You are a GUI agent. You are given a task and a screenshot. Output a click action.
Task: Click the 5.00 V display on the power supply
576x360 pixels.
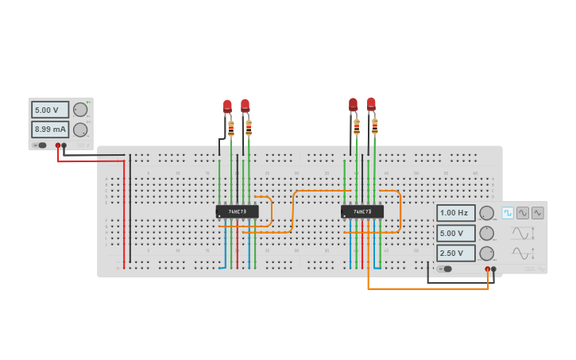(x=49, y=110)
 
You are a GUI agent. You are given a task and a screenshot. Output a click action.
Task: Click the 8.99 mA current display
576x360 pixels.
(x=49, y=130)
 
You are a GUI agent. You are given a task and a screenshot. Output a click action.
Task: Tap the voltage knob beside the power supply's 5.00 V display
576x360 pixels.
(x=80, y=110)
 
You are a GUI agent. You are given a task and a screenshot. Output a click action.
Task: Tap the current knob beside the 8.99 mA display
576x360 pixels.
(x=80, y=130)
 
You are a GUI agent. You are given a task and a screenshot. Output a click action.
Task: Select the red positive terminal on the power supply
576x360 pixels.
(x=58, y=145)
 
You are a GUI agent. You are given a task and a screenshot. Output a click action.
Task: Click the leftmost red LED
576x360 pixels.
(x=227, y=106)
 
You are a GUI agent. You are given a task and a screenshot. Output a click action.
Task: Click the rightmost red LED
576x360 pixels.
(x=371, y=103)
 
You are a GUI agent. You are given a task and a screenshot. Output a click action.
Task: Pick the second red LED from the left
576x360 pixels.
(x=245, y=105)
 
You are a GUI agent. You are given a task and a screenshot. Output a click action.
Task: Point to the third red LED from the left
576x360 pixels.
(x=353, y=104)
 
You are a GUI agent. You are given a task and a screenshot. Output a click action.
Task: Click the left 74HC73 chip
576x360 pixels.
(x=237, y=211)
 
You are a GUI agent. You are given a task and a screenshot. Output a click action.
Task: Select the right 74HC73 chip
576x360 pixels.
(x=361, y=211)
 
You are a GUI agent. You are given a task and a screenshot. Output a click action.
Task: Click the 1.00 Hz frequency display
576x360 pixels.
(x=455, y=213)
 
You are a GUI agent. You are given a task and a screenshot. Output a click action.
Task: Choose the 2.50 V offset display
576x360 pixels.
(x=455, y=253)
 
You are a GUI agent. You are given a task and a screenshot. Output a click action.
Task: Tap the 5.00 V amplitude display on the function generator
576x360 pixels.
(x=455, y=233)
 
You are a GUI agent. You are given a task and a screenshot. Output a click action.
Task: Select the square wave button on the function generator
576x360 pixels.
(x=508, y=213)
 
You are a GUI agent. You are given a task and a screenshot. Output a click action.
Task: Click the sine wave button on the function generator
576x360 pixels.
(x=523, y=213)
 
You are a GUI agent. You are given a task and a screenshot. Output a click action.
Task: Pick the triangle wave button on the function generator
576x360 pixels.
(x=538, y=213)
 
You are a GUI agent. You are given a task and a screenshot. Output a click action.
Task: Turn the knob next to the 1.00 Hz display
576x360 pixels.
(x=486, y=213)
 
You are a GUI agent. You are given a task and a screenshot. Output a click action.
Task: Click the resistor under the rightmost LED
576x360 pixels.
(x=375, y=125)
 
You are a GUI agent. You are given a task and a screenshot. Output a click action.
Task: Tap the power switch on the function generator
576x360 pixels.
(x=446, y=269)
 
